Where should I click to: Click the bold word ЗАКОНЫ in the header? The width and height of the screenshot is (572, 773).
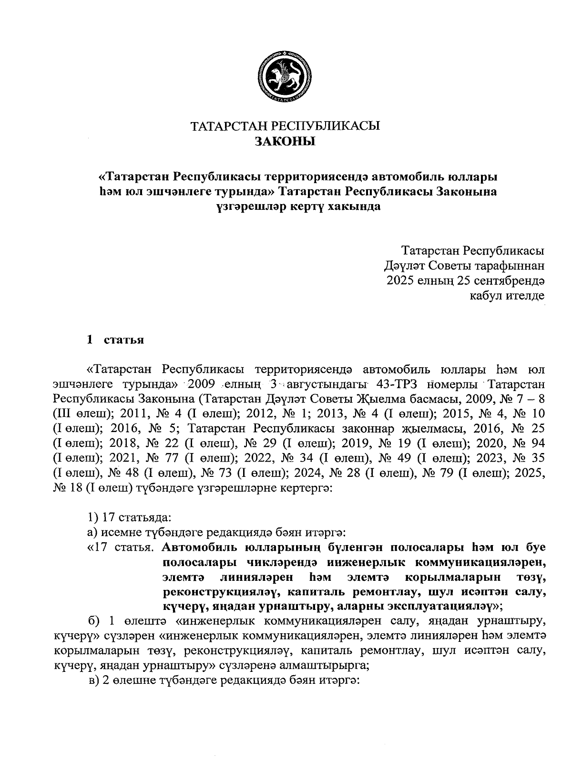point(286,141)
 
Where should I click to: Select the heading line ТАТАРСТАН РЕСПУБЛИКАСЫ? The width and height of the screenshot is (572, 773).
point(286,126)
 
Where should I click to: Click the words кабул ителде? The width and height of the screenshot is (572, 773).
point(507,296)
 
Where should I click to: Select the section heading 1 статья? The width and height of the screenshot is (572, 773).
point(115,340)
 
